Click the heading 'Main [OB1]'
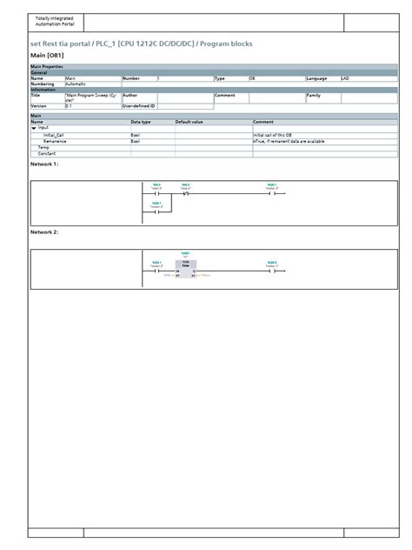(x=46, y=55)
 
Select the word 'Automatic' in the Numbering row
(x=76, y=84)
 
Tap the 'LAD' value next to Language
(x=344, y=78)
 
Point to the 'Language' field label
(x=316, y=78)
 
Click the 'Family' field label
(x=314, y=95)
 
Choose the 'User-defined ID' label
(x=138, y=105)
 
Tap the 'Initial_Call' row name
(x=54, y=135)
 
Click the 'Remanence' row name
(x=55, y=141)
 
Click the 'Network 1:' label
(x=44, y=164)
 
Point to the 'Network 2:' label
(x=44, y=232)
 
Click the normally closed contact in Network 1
(x=184, y=194)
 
